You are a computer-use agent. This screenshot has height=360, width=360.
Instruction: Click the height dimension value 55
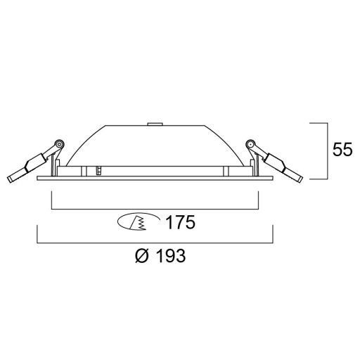point(343,150)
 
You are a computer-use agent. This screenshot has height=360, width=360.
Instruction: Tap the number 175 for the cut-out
point(179,224)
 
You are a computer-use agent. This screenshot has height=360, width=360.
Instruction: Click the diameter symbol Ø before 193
point(139,257)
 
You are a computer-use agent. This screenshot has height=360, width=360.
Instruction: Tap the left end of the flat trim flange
point(37,179)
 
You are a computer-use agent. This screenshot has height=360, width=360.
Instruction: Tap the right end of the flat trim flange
point(273,179)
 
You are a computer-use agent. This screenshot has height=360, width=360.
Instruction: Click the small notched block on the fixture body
point(100,170)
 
